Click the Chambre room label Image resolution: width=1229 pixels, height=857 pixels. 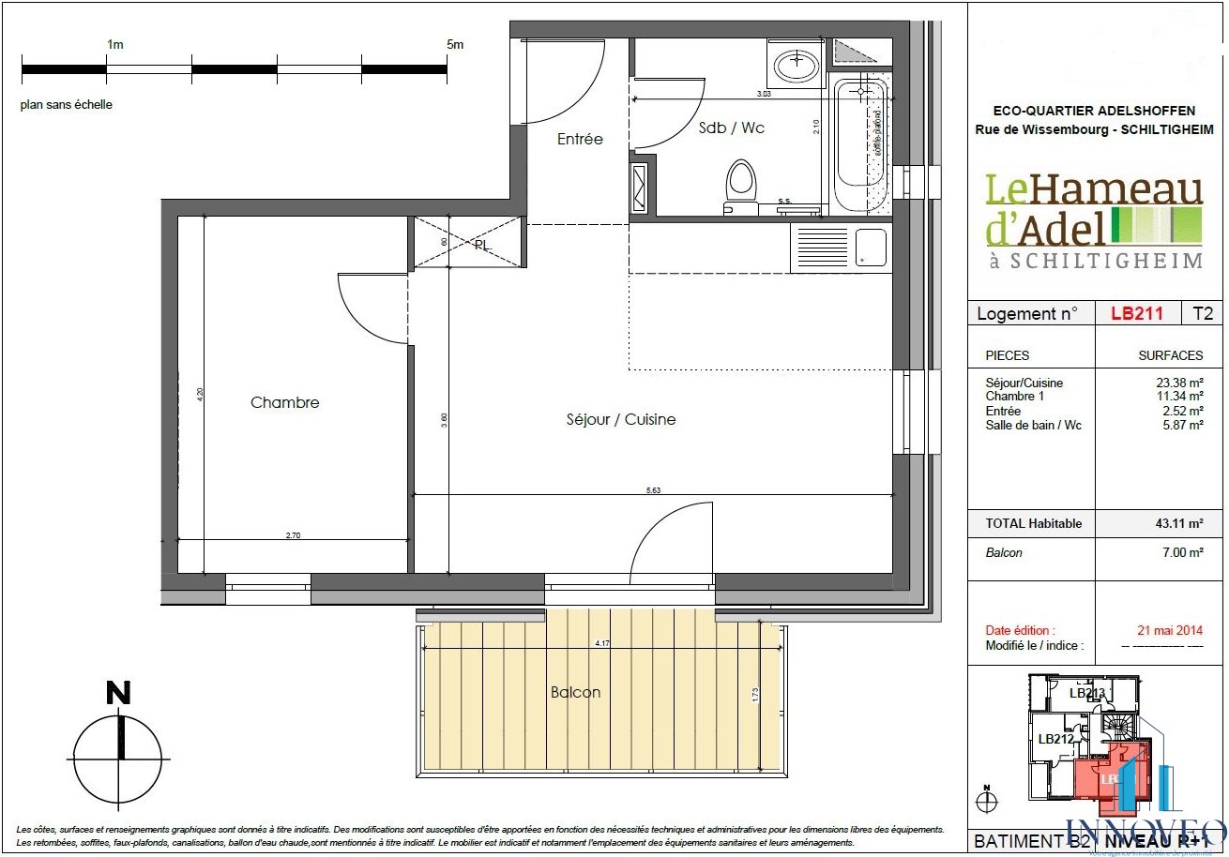(x=284, y=402)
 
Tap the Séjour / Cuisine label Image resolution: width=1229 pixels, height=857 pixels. (x=620, y=419)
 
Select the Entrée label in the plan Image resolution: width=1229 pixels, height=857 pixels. (x=580, y=139)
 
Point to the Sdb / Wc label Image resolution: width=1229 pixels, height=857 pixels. (x=732, y=128)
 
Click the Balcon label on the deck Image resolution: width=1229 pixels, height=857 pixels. (x=575, y=692)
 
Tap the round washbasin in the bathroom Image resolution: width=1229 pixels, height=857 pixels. (x=797, y=64)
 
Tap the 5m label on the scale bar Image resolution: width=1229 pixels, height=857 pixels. (x=455, y=44)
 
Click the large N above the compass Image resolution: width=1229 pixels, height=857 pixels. (x=118, y=693)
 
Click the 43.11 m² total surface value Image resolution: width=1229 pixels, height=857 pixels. (x=1179, y=523)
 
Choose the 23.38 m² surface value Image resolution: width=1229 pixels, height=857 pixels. (x=1179, y=383)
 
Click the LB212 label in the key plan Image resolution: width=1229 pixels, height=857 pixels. (x=1055, y=738)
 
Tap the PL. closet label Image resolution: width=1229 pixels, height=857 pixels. (x=482, y=245)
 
